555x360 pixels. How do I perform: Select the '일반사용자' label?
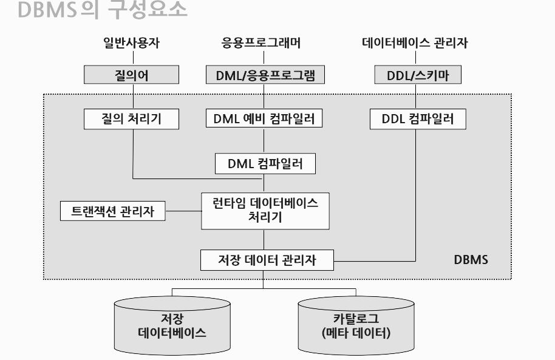click(131, 43)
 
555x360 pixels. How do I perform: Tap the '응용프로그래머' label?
click(262, 43)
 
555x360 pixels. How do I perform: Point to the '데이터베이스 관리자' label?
click(415, 43)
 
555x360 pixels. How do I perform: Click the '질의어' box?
click(132, 75)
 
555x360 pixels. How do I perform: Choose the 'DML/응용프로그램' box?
click(262, 75)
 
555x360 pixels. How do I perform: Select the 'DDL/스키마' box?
click(415, 75)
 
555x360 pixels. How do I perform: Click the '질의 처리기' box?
click(132, 119)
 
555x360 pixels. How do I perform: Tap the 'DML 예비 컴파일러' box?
click(262, 119)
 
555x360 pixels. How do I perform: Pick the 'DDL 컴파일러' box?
click(417, 119)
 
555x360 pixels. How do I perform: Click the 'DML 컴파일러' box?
click(265, 163)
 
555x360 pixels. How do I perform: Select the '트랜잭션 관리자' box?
click(112, 211)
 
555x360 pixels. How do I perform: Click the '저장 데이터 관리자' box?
click(267, 260)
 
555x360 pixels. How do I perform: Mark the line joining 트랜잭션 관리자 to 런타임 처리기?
click(183, 211)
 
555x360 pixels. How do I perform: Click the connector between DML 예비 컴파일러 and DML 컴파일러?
click(263, 140)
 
